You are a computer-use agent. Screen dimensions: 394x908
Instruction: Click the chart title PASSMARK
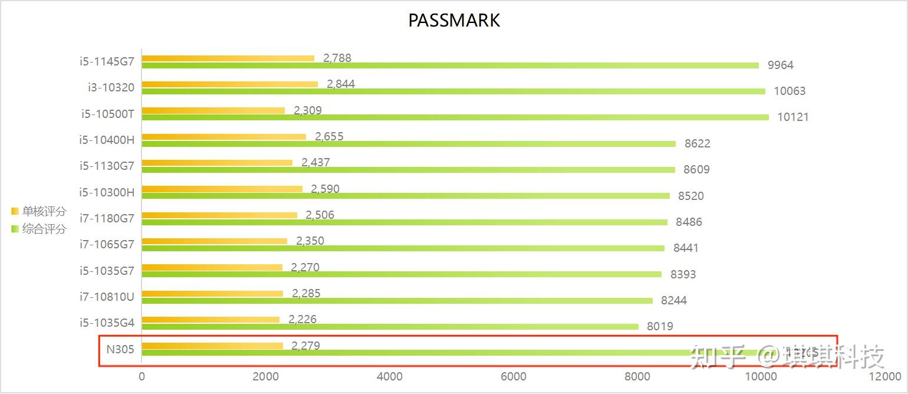click(454, 20)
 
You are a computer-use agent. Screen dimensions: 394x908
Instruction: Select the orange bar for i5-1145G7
click(228, 58)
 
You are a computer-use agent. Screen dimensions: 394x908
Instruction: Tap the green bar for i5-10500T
click(455, 117)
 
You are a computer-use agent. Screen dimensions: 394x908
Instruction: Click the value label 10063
click(789, 91)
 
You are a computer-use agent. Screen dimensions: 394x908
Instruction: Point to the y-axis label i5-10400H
click(107, 140)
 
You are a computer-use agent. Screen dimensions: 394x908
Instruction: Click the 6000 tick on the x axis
click(513, 377)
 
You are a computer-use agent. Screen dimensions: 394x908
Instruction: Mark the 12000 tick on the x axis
click(884, 377)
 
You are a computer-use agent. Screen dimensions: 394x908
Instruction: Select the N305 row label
click(120, 349)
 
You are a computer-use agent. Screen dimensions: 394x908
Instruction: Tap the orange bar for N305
click(212, 346)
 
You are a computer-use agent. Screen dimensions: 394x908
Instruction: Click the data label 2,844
click(341, 84)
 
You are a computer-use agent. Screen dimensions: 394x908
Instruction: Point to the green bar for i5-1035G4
click(390, 327)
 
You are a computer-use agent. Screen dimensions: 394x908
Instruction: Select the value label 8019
click(660, 326)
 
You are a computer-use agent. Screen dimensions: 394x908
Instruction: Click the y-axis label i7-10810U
click(107, 296)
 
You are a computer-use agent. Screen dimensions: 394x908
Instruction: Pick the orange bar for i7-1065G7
click(215, 241)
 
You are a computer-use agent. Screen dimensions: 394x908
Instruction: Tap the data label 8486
click(689, 222)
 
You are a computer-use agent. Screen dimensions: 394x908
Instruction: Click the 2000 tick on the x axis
click(265, 377)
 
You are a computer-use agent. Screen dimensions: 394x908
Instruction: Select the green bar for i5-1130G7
click(408, 170)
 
